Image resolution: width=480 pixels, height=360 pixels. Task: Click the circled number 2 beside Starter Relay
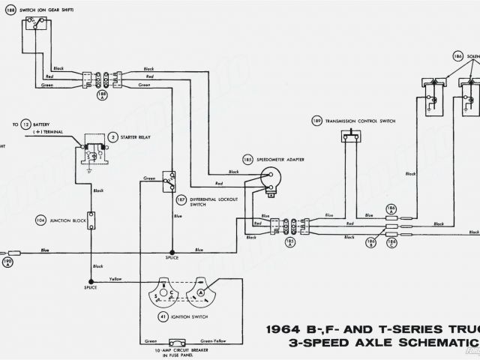112,137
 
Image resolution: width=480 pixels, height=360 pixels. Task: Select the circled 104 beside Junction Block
41,220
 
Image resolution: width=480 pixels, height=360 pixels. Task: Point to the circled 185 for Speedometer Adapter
247,160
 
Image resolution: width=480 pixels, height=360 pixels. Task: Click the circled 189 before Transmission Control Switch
317,121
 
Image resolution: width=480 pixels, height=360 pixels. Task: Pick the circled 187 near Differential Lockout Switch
181,201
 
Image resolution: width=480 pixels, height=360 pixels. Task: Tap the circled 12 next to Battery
25,124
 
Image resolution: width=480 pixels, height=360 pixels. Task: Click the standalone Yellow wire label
115,279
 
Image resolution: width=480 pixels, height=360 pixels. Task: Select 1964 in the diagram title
288,329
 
